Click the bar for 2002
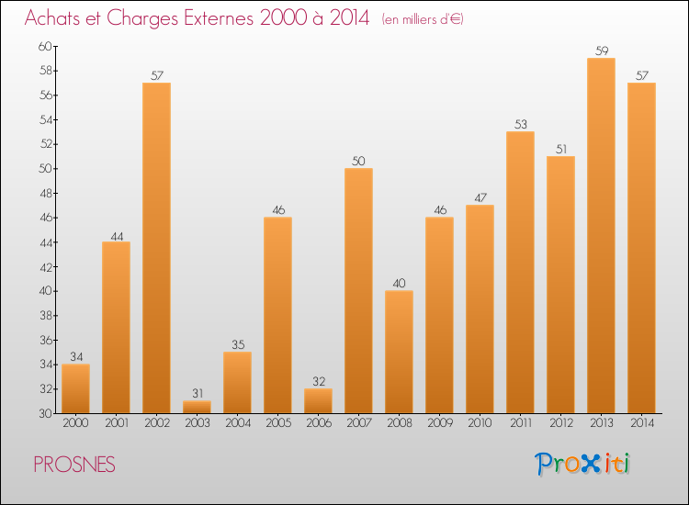point(156,248)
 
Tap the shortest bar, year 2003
point(197,407)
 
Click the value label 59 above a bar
point(601,51)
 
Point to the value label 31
point(197,394)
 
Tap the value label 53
point(520,125)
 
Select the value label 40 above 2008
point(399,284)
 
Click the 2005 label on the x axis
point(277,423)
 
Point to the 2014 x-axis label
point(641,423)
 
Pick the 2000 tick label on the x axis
point(75,423)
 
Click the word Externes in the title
point(208,19)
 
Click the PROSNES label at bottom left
point(74,466)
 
